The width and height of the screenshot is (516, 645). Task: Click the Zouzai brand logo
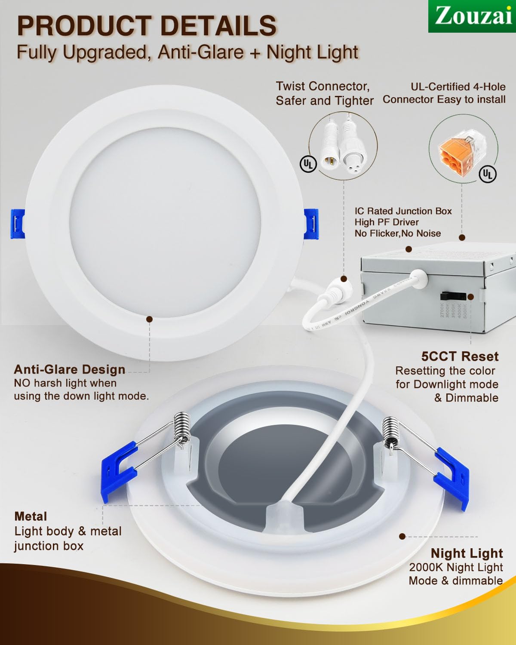[472, 16]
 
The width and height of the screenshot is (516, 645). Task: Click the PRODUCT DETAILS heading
[147, 25]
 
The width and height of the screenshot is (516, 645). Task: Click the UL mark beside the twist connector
[308, 163]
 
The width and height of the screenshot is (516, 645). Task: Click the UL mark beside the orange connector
[487, 173]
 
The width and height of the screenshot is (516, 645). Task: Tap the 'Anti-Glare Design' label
[69, 369]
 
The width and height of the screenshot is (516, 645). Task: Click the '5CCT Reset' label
[460, 356]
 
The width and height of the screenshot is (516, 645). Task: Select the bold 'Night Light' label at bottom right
[467, 553]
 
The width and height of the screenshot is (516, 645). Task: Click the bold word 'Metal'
[31, 516]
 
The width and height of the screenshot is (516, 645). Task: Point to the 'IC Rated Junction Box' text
[403, 211]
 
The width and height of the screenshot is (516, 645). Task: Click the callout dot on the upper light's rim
[150, 319]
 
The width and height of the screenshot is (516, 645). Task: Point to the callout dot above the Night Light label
[402, 536]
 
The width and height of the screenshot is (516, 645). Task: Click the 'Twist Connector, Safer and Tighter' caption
[324, 93]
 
